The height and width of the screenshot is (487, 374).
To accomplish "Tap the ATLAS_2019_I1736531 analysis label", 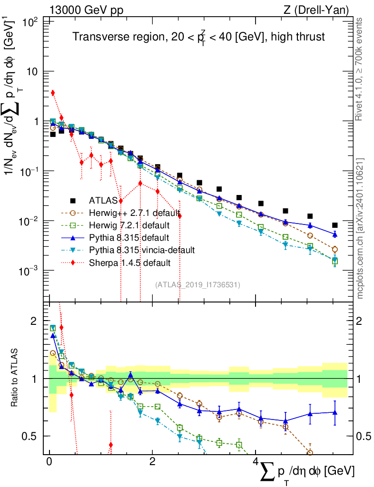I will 197,285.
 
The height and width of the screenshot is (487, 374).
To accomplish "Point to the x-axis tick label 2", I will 152,462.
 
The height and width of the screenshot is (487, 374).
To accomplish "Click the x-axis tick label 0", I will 49,462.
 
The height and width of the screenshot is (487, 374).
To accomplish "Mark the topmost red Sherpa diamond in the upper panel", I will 53,93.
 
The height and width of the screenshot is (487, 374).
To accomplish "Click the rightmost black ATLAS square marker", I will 335,225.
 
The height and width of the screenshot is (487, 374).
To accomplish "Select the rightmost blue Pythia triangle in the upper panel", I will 335,234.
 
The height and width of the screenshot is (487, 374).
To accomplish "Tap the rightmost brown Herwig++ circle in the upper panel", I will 335,249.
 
